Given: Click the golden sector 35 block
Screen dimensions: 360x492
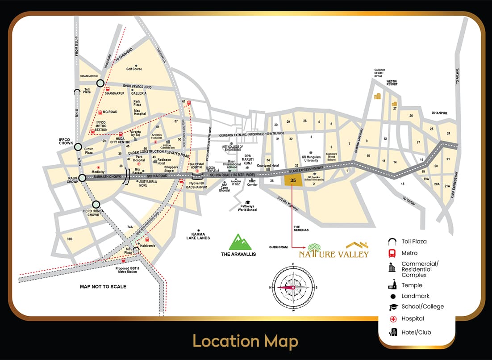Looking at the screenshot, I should [293, 180].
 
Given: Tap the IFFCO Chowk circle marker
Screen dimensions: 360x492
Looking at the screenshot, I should [78, 147].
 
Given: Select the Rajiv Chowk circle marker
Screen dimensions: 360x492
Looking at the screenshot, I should [82, 178].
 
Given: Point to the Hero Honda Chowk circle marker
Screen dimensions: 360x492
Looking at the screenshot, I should [95, 205].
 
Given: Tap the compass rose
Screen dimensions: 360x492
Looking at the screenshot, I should [293, 287].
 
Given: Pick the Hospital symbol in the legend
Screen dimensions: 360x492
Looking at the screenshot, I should [393, 319].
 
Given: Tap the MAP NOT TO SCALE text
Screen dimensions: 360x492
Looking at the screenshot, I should [103, 287].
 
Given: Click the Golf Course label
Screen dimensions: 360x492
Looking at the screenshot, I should [134, 69].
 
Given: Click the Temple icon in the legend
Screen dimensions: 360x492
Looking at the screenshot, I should [393, 285].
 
